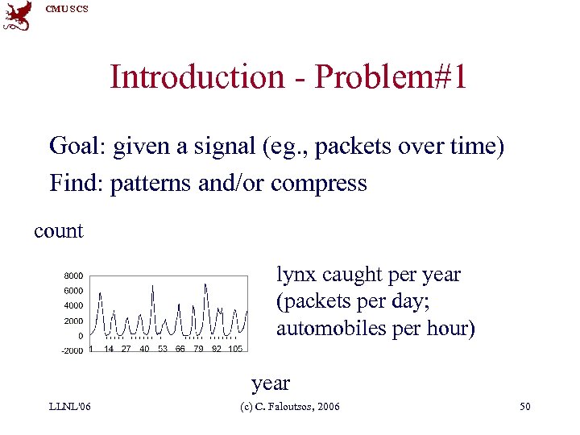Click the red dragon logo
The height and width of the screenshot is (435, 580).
pyautogui.click(x=18, y=15)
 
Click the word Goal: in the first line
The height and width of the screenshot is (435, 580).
pyautogui.click(x=78, y=147)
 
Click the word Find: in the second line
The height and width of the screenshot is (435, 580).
pyautogui.click(x=77, y=184)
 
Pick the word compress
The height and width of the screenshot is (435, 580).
pyautogui.click(x=319, y=184)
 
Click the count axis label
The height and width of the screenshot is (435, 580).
pyautogui.click(x=58, y=231)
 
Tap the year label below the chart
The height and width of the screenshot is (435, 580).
pyautogui.click(x=270, y=383)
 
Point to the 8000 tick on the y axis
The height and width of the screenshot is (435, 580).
pyautogui.click(x=73, y=275)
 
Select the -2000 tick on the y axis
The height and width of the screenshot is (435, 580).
pyautogui.click(x=72, y=350)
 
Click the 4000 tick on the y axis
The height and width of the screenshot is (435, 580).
pyautogui.click(x=73, y=306)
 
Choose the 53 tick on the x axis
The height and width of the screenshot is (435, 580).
pyautogui.click(x=162, y=349)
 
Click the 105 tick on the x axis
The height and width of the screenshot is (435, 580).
pyautogui.click(x=235, y=349)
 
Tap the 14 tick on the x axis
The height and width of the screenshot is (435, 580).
pyautogui.click(x=108, y=349)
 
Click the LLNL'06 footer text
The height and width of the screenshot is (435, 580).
pyautogui.click(x=69, y=407)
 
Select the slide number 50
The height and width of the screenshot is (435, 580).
pyautogui.click(x=524, y=407)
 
